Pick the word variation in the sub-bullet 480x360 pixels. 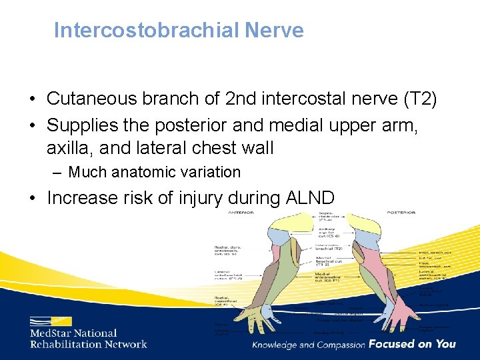(x=207, y=172)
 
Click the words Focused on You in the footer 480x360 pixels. (x=412, y=344)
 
